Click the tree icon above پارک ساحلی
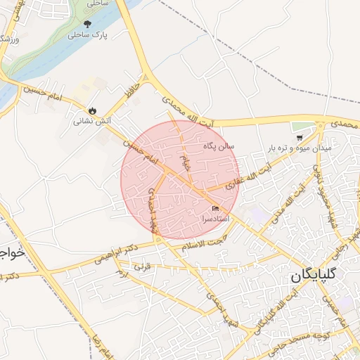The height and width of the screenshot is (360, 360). (x=87, y=24)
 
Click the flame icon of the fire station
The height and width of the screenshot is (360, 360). (x=92, y=110)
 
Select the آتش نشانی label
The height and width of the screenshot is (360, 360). (x=92, y=121)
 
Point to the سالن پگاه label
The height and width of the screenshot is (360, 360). (x=218, y=146)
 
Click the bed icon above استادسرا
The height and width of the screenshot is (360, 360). (x=215, y=209)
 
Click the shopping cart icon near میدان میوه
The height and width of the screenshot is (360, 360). (x=300, y=138)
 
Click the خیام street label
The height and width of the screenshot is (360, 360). (x=186, y=165)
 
